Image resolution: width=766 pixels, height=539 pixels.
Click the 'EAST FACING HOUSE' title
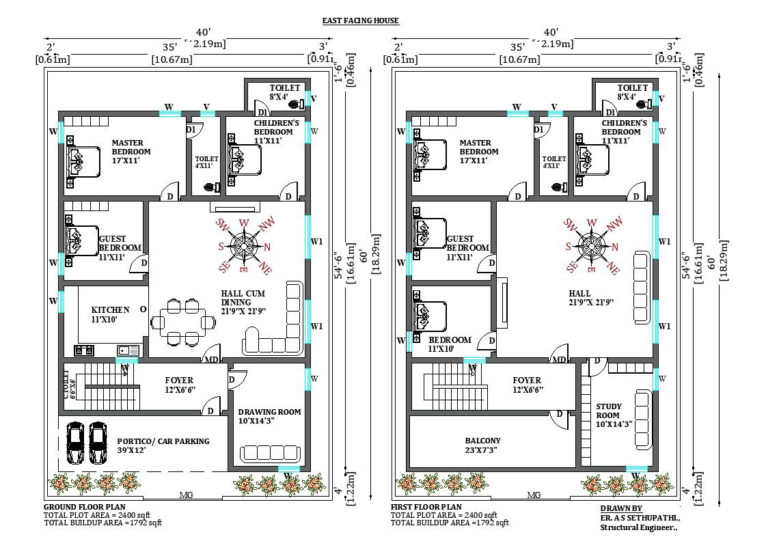coord(360,20)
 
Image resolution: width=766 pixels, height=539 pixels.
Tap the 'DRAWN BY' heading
coord(620,508)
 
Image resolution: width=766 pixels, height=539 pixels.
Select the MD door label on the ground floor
coord(212,360)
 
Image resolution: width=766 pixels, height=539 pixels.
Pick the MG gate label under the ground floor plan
coord(185,495)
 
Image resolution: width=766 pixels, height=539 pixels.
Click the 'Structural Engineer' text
coord(638,527)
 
